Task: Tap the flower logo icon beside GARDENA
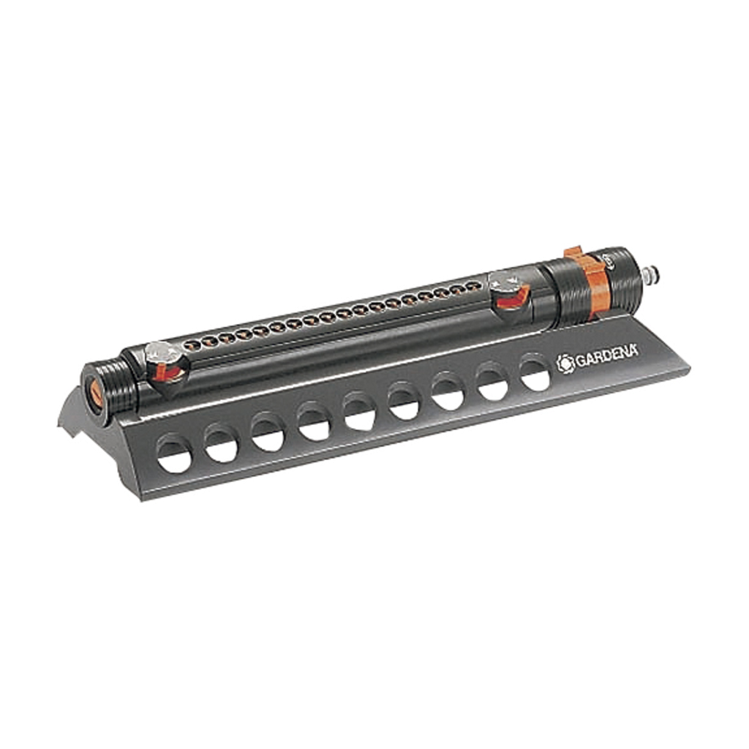[x=566, y=364]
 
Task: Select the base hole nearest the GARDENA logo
[x=535, y=372]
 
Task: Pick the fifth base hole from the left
[x=360, y=412]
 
